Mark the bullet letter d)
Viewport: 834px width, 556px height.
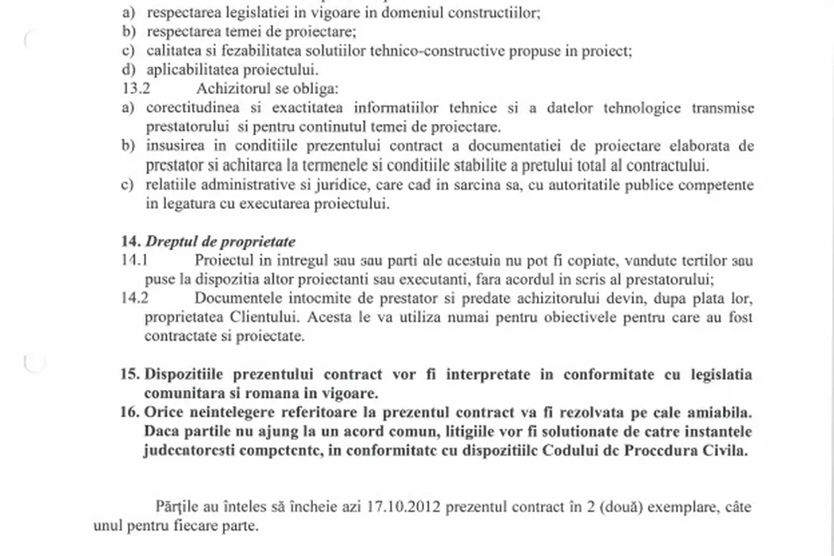[128, 70]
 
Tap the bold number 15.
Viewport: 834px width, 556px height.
[129, 375]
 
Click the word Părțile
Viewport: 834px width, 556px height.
[174, 507]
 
